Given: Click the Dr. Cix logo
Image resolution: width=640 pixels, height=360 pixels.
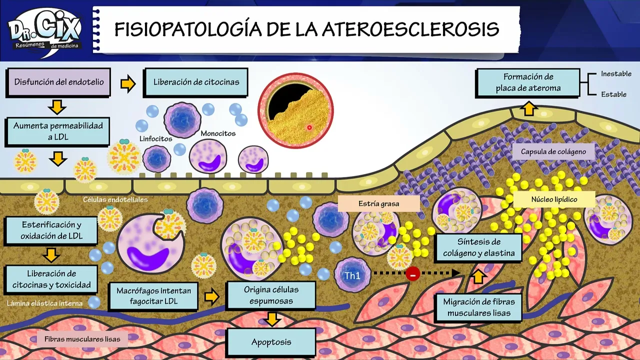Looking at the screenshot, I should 45,31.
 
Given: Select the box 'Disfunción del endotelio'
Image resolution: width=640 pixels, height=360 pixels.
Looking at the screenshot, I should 59,82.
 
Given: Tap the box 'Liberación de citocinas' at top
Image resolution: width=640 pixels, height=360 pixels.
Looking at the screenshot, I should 196,82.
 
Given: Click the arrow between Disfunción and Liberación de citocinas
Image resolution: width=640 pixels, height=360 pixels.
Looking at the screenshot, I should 128,83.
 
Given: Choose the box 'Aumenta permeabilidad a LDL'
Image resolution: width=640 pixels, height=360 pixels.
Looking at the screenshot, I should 58,131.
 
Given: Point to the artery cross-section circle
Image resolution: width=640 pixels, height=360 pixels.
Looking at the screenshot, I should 295,110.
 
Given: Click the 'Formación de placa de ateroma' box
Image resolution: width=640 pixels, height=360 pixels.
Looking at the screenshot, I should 528,83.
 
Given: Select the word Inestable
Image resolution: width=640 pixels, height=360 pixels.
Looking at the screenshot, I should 616,73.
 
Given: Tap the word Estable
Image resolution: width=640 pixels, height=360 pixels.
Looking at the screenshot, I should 613,94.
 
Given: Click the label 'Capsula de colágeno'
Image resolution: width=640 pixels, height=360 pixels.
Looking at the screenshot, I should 553,151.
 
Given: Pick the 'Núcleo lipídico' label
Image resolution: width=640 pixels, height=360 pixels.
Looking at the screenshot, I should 554,199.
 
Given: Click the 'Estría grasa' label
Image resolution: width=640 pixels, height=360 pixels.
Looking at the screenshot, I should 378,203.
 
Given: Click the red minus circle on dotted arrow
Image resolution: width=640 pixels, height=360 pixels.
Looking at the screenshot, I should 412,273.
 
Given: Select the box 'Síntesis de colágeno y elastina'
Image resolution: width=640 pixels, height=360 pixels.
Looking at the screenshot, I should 478,247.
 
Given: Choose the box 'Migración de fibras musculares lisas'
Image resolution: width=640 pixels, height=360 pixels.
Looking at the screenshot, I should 478,307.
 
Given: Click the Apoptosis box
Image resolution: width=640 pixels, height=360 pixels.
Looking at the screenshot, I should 271,342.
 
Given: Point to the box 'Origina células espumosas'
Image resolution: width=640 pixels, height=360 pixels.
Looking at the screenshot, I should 271,295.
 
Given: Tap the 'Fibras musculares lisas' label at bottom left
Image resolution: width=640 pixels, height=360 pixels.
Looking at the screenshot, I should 82,339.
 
